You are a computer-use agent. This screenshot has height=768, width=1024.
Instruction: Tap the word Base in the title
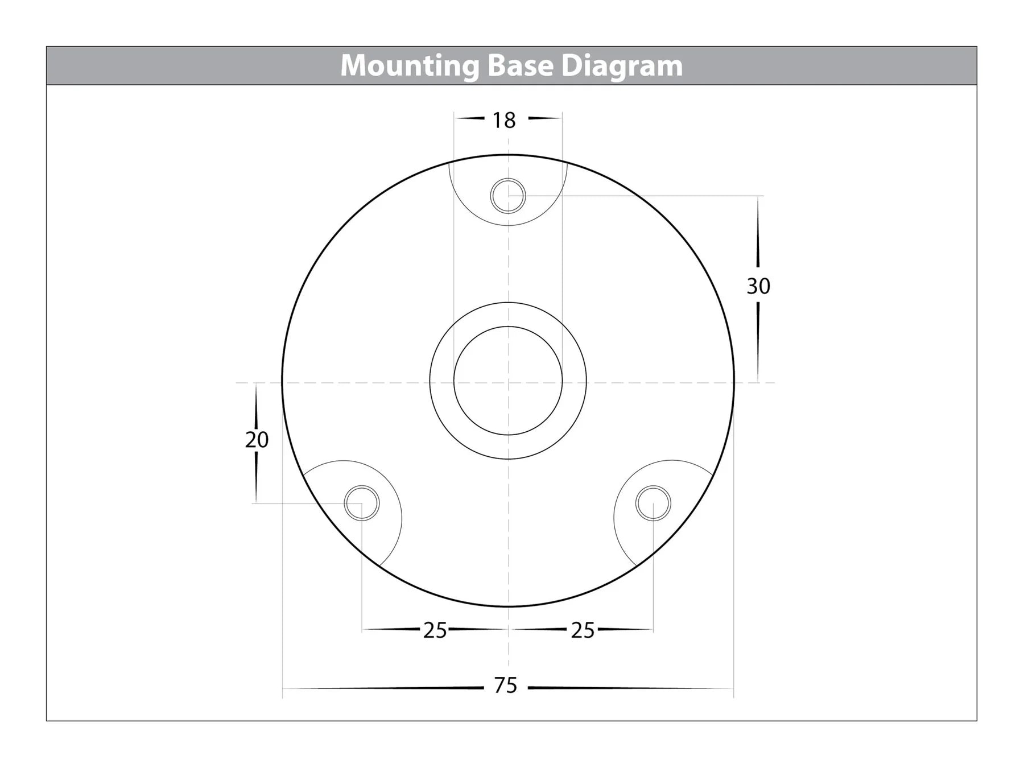pyautogui.click(x=520, y=65)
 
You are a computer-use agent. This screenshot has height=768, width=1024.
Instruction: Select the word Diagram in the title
pyautogui.click(x=621, y=67)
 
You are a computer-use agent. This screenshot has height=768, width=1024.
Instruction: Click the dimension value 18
pyautogui.click(x=504, y=120)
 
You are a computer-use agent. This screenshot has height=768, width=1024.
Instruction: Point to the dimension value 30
pyautogui.click(x=758, y=286)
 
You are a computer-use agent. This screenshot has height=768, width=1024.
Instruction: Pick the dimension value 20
pyautogui.click(x=257, y=440)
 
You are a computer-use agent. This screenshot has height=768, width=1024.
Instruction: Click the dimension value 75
pyautogui.click(x=506, y=686)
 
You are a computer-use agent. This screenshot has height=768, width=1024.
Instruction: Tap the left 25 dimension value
pyautogui.click(x=435, y=630)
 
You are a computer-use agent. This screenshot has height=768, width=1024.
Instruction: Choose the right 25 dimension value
pyautogui.click(x=583, y=630)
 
